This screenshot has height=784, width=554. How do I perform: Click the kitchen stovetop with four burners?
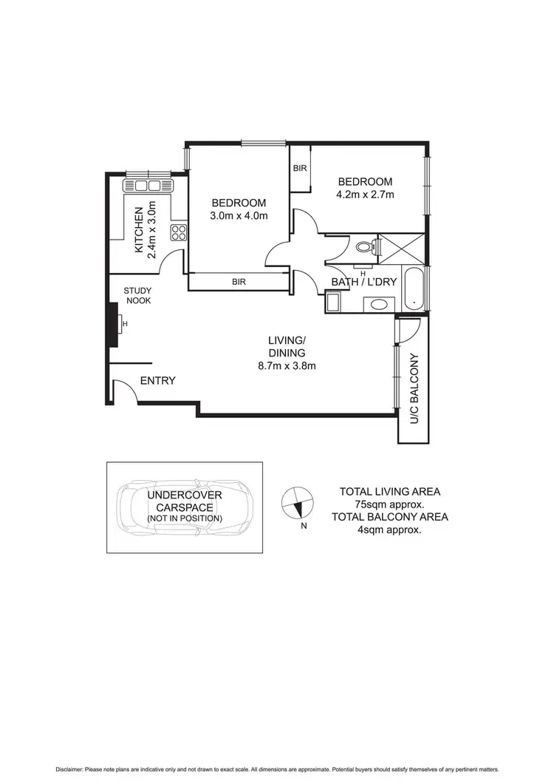(x=178, y=233)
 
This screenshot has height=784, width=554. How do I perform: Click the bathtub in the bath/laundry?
(x=414, y=288)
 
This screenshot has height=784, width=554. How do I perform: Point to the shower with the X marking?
(x=400, y=246)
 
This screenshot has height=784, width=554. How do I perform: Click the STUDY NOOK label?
(x=137, y=296)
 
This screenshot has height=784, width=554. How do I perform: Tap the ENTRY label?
(x=157, y=381)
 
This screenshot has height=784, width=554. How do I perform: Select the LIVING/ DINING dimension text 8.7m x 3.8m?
(x=287, y=365)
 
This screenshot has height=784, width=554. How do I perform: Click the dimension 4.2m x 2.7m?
(x=365, y=195)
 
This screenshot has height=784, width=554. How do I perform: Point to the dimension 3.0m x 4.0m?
(x=239, y=216)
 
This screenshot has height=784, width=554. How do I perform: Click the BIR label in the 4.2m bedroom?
(x=300, y=169)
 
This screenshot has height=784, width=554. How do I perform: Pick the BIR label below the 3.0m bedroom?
(x=239, y=282)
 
